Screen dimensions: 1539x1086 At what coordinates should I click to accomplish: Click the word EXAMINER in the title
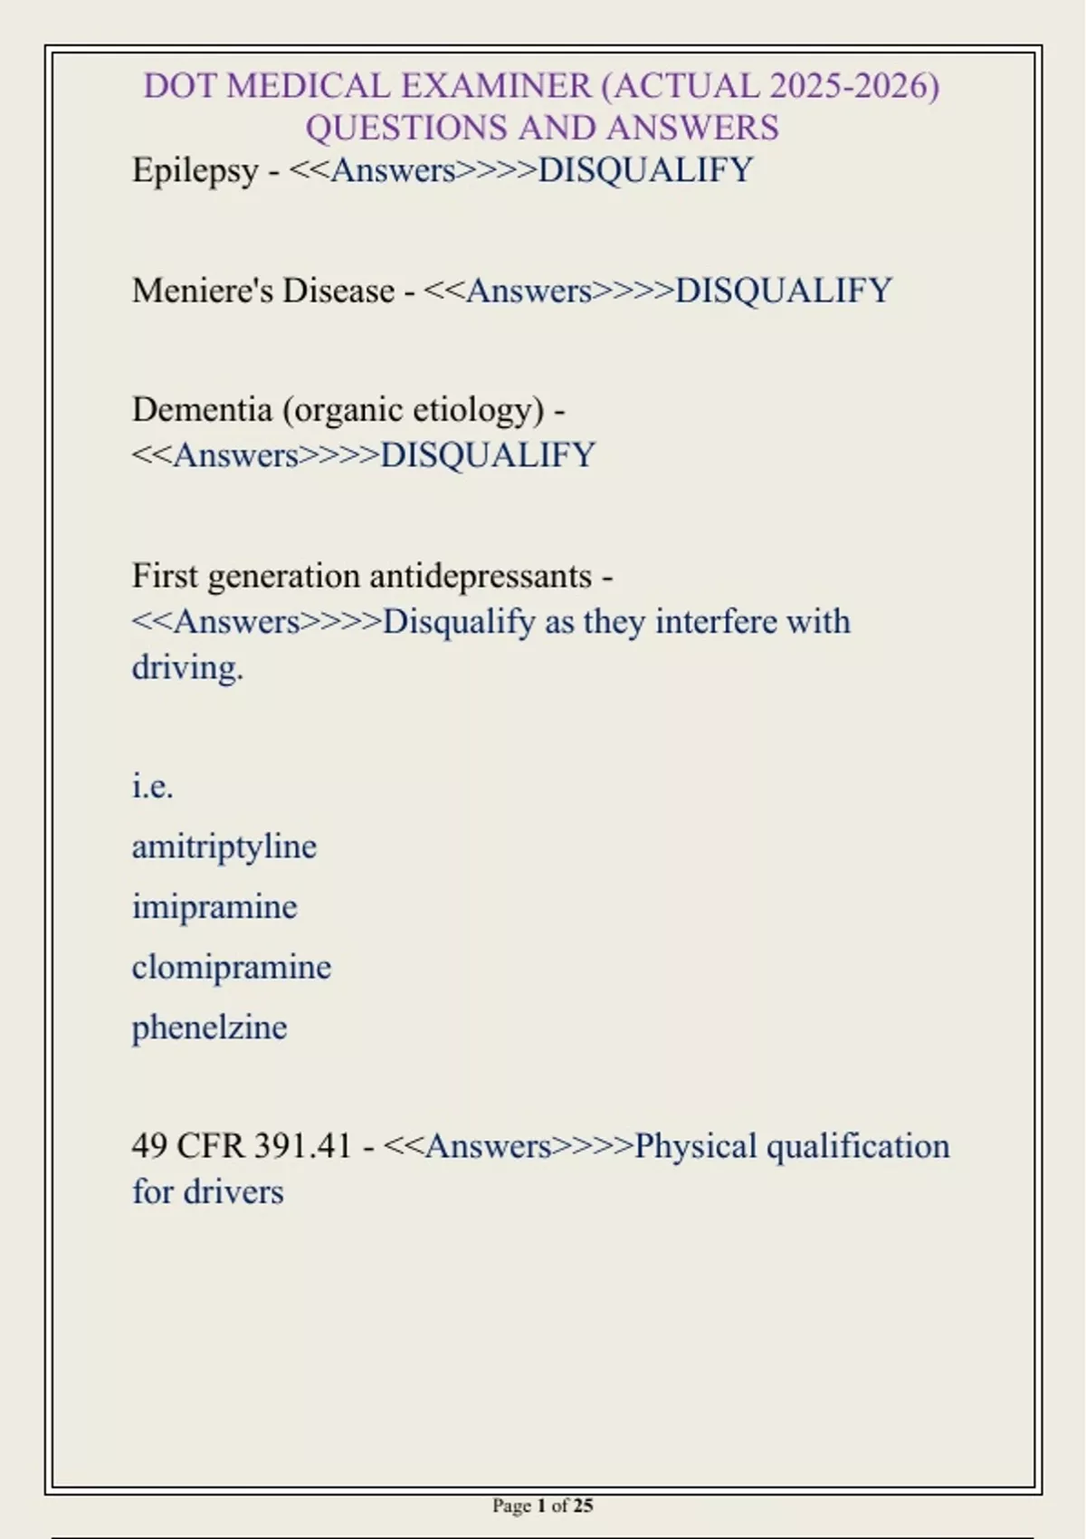pyautogui.click(x=496, y=86)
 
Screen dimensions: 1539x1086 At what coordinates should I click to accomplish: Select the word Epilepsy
pyautogui.click(x=195, y=170)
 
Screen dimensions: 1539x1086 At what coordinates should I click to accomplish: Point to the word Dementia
pyautogui.click(x=202, y=409)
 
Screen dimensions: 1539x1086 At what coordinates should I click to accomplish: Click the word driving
pyautogui.click(x=187, y=668)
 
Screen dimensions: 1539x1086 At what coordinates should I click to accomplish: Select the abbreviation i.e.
pyautogui.click(x=152, y=786)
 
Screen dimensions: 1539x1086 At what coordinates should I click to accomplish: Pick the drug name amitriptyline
pyautogui.click(x=224, y=846)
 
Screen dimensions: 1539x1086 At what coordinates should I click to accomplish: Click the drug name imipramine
pyautogui.click(x=214, y=906)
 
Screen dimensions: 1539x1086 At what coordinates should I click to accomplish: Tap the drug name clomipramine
pyautogui.click(x=232, y=967)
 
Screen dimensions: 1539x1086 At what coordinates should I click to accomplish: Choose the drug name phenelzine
pyautogui.click(x=209, y=1028)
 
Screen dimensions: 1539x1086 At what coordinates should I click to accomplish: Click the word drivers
pyautogui.click(x=233, y=1192)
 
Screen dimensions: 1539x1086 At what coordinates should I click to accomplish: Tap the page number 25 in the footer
pyautogui.click(x=583, y=1506)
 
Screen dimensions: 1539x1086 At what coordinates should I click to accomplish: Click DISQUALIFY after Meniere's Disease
pyautogui.click(x=784, y=291)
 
